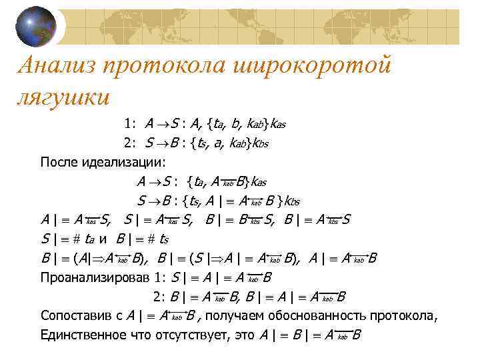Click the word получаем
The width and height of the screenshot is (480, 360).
point(241,316)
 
